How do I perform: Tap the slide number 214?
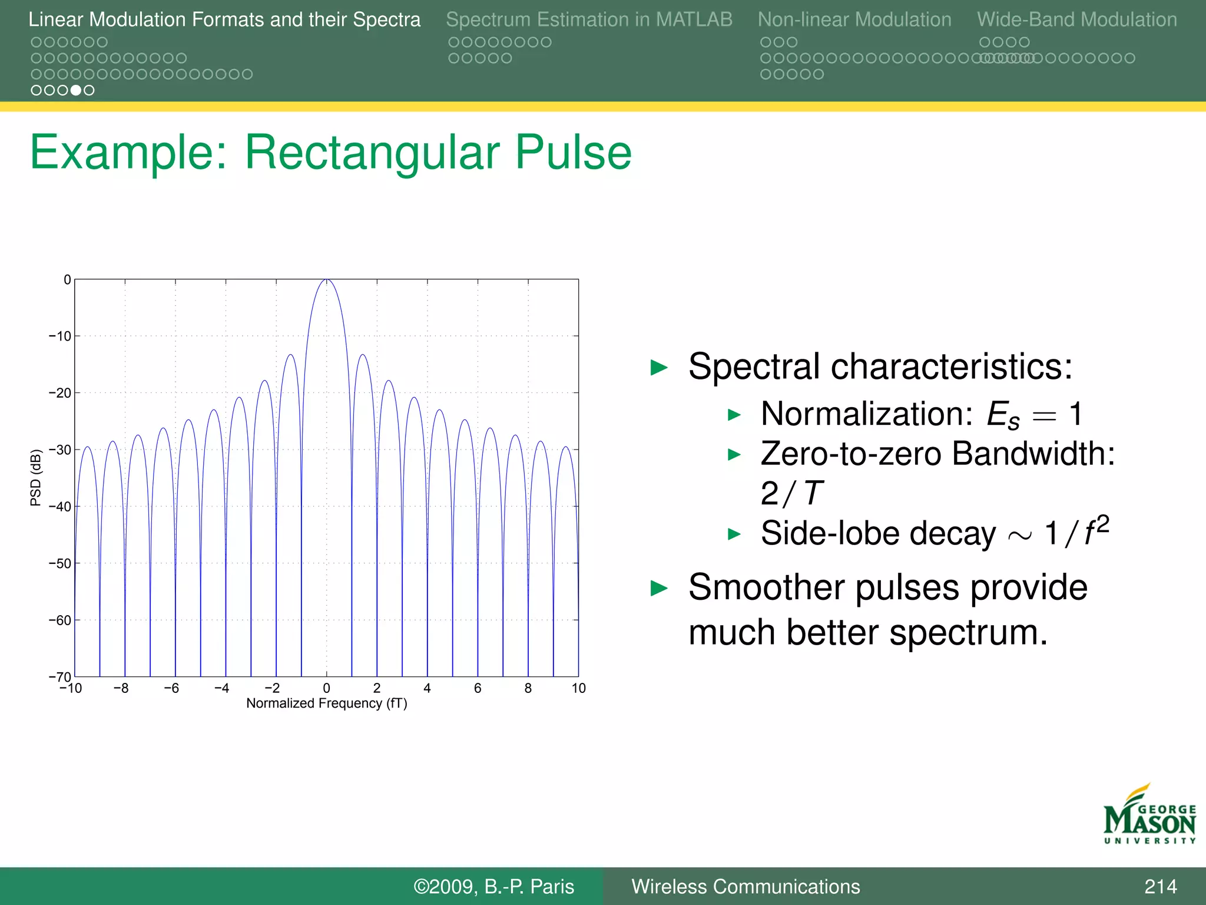pyautogui.click(x=1160, y=887)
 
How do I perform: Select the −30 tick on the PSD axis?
pyautogui.click(x=60, y=450)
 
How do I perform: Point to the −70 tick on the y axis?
pyautogui.click(x=60, y=677)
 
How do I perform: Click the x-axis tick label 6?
pyautogui.click(x=478, y=688)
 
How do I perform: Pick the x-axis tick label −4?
pyautogui.click(x=221, y=688)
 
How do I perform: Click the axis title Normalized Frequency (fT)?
pyautogui.click(x=326, y=703)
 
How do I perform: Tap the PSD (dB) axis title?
pyautogui.click(x=36, y=477)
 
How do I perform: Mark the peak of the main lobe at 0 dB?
pyautogui.click(x=327, y=280)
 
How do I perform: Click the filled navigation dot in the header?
pyautogui.click(x=75, y=90)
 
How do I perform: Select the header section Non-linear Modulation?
pyautogui.click(x=854, y=20)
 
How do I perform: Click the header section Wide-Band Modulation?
pyautogui.click(x=1076, y=20)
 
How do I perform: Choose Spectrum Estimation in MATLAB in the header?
pyautogui.click(x=589, y=20)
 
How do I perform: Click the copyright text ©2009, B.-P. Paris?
pyautogui.click(x=493, y=887)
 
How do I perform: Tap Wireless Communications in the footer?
pyautogui.click(x=746, y=887)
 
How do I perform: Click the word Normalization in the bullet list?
pyautogui.click(x=866, y=414)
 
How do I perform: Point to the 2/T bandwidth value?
pyautogui.click(x=791, y=494)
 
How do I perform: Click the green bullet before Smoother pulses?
pyautogui.click(x=659, y=588)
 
